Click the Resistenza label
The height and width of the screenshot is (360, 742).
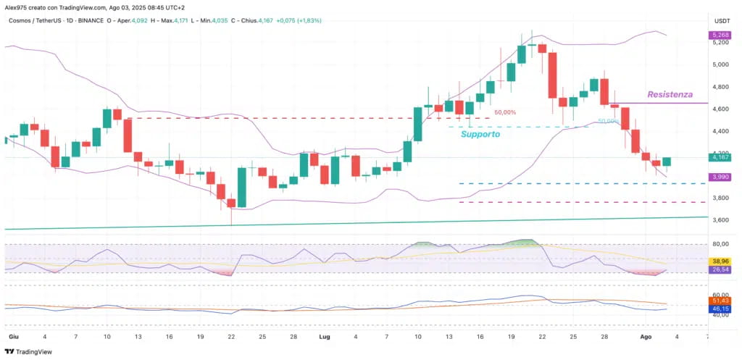[670, 94]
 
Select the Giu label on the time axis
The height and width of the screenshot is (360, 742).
[13, 337]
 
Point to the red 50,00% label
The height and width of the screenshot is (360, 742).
[505, 112]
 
